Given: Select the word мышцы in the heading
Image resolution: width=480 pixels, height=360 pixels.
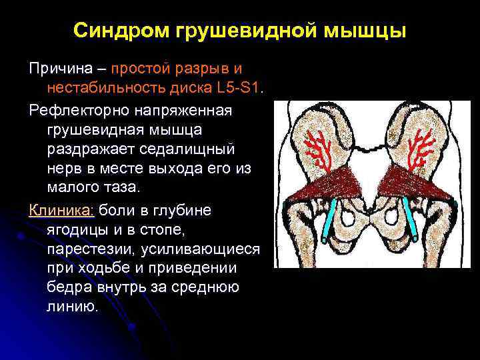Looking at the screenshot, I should (x=369, y=31).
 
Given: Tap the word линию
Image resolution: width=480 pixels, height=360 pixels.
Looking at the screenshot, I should (x=72, y=307).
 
